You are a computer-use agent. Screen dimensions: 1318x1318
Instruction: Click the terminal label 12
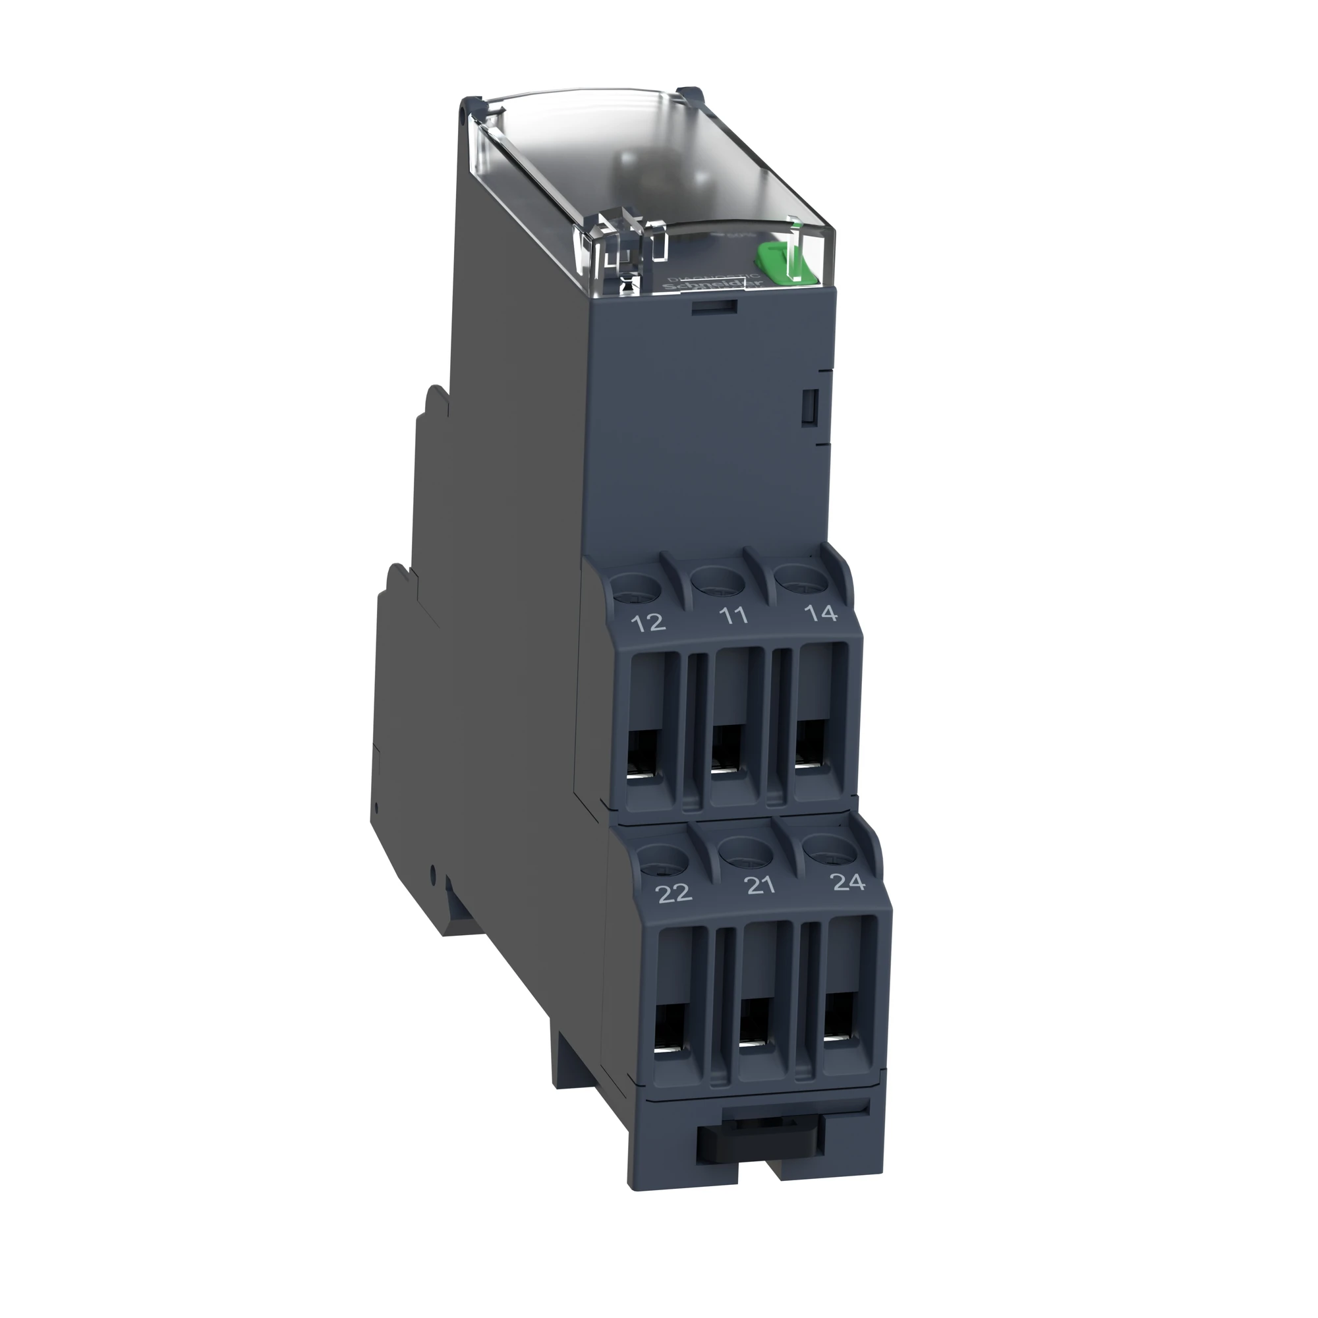click(x=648, y=622)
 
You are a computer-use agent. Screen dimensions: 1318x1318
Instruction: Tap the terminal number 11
click(x=733, y=616)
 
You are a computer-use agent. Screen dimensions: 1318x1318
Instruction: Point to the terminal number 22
click(x=673, y=893)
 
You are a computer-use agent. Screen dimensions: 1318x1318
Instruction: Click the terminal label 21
click(x=759, y=886)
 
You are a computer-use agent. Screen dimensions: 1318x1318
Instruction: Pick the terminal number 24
click(x=849, y=882)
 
